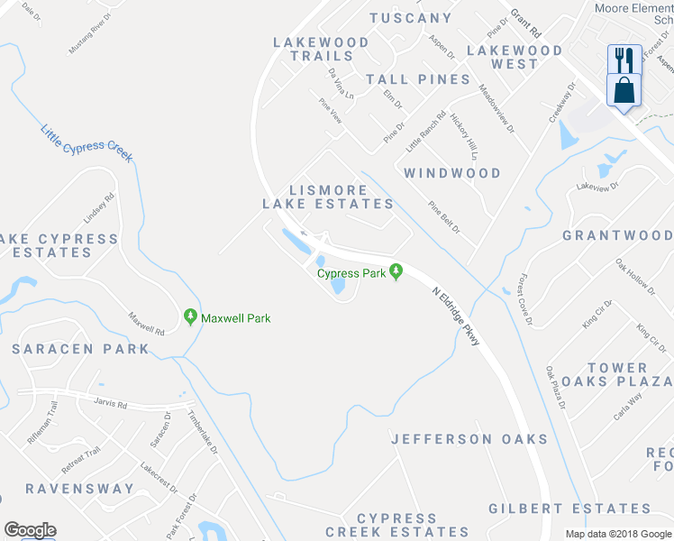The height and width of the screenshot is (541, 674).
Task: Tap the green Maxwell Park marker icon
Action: (x=190, y=317)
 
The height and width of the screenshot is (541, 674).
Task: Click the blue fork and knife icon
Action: (x=624, y=60)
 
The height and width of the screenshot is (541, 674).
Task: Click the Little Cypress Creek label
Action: (x=86, y=143)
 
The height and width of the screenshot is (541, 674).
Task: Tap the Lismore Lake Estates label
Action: (x=328, y=197)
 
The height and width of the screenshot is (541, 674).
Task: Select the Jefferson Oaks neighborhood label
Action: (x=469, y=439)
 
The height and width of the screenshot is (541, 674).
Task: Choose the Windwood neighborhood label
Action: (x=452, y=172)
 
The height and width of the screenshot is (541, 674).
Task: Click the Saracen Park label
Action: (x=80, y=348)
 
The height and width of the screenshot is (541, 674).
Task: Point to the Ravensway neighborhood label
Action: (x=79, y=489)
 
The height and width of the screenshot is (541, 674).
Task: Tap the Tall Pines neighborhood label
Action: (x=418, y=79)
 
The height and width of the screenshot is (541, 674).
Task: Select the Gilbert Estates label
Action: (x=576, y=509)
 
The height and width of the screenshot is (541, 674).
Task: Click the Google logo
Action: (x=30, y=530)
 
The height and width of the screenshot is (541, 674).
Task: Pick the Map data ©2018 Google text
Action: (x=618, y=534)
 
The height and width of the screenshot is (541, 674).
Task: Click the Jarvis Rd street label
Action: (x=109, y=405)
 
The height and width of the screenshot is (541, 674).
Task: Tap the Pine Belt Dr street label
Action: (x=444, y=218)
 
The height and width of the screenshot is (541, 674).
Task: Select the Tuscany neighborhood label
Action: (x=410, y=18)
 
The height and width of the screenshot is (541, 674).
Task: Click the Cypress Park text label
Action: (x=351, y=273)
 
